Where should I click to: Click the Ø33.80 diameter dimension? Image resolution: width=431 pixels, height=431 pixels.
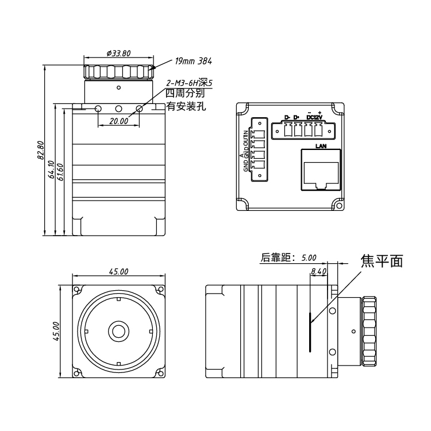coord(119,53)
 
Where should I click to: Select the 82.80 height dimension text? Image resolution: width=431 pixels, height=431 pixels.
coord(41,151)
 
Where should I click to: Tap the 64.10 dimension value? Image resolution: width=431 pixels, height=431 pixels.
coord(51,170)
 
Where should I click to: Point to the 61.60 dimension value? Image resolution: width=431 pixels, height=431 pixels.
coord(60,172)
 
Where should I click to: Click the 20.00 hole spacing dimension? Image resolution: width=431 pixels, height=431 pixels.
coord(119,121)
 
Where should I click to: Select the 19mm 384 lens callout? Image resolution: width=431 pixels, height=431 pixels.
coord(193,61)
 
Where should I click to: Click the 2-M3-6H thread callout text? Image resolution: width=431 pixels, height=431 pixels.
coord(189,83)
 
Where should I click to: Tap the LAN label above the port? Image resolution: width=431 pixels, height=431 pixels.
coord(321,146)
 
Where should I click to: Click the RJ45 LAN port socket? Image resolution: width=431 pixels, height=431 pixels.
coord(321,170)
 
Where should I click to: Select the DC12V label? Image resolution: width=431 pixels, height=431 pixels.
coord(314,117)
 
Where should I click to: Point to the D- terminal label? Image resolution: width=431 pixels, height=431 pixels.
coord(287,117)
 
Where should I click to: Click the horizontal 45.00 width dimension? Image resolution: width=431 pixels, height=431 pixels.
coord(119,272)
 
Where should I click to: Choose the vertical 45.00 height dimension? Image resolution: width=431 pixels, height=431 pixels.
coord(56,332)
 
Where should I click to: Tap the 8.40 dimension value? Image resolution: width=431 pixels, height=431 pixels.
coord(318,272)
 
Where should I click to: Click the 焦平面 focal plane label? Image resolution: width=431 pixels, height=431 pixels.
coord(382,261)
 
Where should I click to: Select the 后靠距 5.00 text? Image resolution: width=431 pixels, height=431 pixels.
coord(288,258)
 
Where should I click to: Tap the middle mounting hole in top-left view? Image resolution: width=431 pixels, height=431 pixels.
coord(118,109)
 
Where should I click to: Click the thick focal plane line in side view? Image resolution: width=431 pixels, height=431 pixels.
coord(310,332)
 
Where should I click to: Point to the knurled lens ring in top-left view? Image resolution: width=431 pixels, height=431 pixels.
coord(119,72)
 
